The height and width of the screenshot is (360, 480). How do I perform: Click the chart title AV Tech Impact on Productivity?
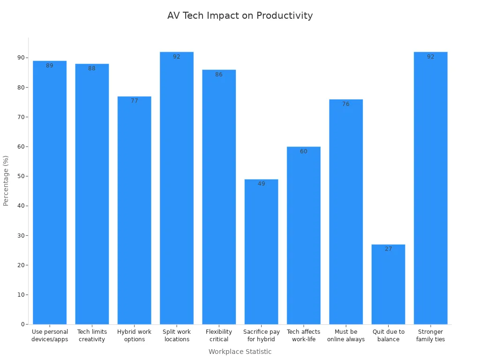click(x=240, y=15)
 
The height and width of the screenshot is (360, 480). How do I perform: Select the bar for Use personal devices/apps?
click(x=50, y=192)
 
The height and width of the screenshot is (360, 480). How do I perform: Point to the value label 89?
click(x=50, y=66)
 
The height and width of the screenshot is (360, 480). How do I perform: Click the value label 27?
click(x=388, y=249)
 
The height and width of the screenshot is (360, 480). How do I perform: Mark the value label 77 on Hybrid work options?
click(x=134, y=101)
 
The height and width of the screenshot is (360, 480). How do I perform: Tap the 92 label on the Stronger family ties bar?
click(x=430, y=57)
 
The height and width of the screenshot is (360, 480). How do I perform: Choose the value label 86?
click(x=219, y=75)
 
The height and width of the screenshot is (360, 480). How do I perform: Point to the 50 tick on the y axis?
click(x=21, y=176)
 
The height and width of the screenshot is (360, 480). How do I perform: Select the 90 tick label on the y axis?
click(x=21, y=58)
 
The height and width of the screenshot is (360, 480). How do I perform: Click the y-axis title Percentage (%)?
click(x=6, y=180)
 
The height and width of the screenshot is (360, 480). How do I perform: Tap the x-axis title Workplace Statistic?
click(x=240, y=352)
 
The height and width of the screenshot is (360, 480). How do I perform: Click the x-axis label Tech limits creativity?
click(x=92, y=335)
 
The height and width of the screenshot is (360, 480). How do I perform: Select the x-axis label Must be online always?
click(x=346, y=335)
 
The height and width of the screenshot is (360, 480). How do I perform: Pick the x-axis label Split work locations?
click(x=177, y=335)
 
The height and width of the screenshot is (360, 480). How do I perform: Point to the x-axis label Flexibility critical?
click(x=219, y=335)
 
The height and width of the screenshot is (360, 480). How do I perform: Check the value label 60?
click(x=303, y=151)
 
